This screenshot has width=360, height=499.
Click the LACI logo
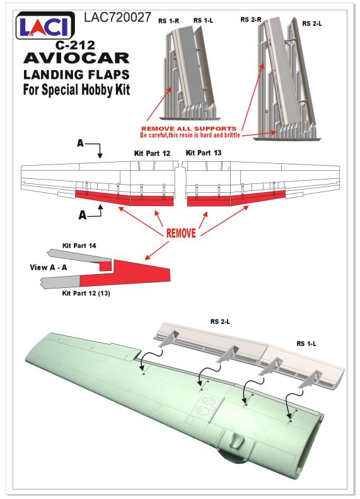click(45, 26)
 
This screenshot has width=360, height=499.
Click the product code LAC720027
click(117, 18)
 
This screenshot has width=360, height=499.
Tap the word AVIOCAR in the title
click(76, 58)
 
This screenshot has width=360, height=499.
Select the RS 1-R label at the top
click(168, 21)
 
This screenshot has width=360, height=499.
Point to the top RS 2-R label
click(251, 20)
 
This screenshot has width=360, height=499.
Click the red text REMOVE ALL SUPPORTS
click(189, 129)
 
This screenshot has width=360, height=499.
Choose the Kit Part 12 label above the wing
click(153, 153)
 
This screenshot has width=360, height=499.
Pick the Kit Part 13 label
click(204, 152)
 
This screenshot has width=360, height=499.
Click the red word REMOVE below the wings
click(181, 233)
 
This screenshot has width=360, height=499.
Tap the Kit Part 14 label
click(79, 246)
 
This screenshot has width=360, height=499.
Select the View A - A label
click(49, 267)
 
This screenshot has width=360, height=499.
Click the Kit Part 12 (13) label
click(86, 293)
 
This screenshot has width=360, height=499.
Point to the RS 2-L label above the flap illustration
click(220, 322)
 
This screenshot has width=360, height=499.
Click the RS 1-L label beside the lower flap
click(306, 344)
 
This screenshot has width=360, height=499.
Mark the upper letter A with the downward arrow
click(80, 144)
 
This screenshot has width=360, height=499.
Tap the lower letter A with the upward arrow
click(83, 215)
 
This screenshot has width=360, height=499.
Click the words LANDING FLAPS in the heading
click(76, 75)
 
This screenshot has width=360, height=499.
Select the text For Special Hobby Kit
click(76, 89)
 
